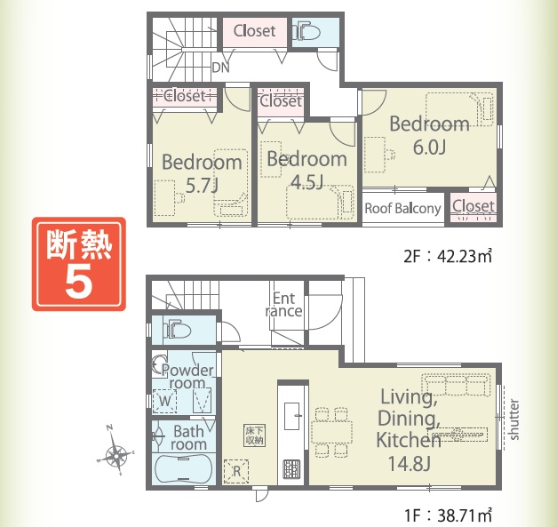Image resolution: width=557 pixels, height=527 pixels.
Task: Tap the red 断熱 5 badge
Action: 79,264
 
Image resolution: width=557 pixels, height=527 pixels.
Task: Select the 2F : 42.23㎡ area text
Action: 448,256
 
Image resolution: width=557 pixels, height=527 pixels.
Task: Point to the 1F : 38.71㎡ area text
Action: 449,515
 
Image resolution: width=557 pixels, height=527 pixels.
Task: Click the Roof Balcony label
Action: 402,208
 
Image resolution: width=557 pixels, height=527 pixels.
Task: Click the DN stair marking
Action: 220,68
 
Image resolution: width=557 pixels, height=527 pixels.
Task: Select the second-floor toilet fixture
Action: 306,32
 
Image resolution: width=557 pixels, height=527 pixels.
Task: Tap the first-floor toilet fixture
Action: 177,330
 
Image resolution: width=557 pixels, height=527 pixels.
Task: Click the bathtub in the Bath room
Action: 184,467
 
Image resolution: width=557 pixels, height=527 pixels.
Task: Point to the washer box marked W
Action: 164,401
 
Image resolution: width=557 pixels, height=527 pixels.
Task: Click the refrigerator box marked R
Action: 236,471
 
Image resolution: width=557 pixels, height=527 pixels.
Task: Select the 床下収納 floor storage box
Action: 255,435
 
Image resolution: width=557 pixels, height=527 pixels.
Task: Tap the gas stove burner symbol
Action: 291,469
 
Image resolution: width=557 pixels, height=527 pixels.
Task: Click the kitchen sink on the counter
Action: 291,416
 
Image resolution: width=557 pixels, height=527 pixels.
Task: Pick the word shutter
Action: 513,419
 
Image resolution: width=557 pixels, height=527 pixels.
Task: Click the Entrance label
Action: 283,305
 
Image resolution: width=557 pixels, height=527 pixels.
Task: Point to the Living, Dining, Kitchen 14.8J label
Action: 409,430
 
